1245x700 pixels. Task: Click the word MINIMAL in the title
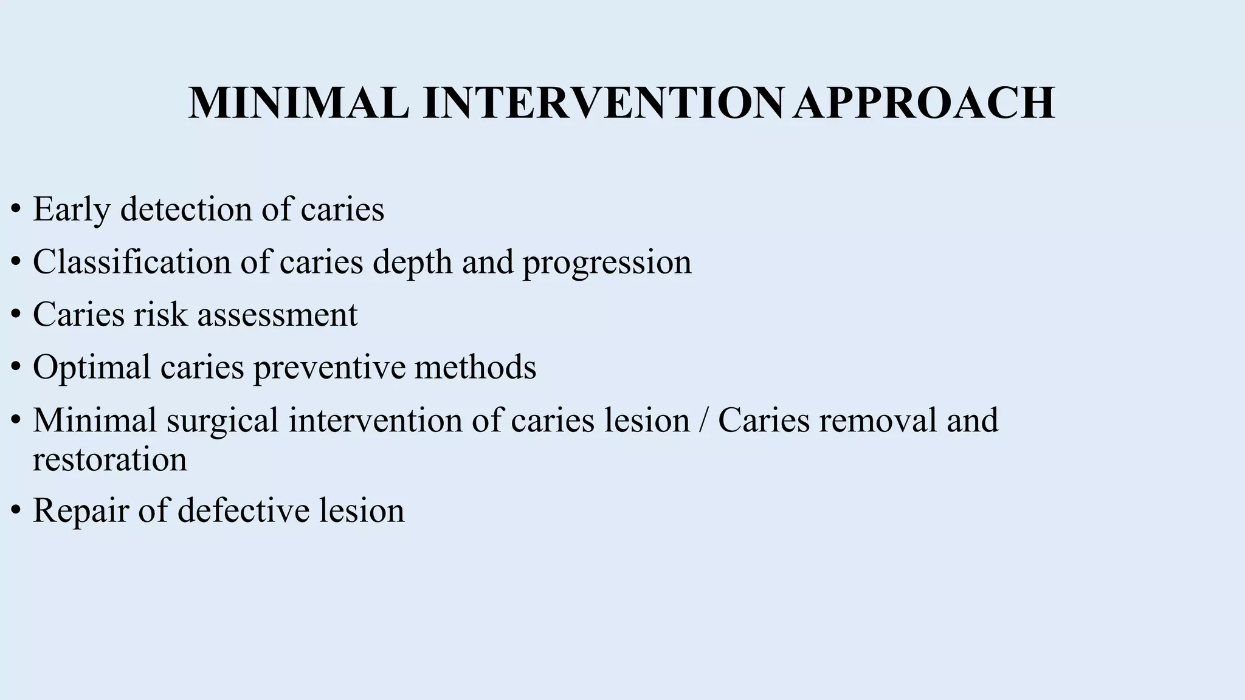coord(298,103)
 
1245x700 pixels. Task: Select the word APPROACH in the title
coord(923,103)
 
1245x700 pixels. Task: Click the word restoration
coord(110,459)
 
